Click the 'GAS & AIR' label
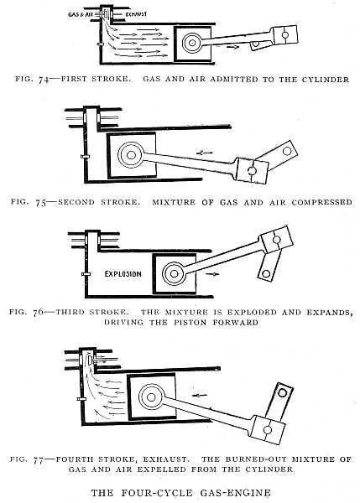[80, 15]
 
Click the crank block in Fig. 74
[284, 36]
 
